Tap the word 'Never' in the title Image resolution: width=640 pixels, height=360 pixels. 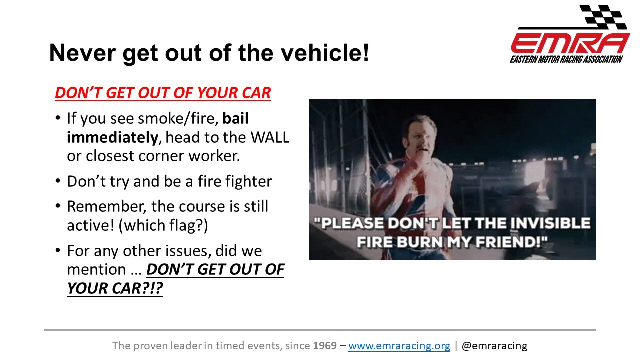pos(82,53)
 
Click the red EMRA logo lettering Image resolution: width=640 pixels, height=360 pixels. pos(570,43)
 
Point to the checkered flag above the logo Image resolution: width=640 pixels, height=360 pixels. pos(603,17)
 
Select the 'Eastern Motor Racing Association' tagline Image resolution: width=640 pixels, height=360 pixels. pos(566,59)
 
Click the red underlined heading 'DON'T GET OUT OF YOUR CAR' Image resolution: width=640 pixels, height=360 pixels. pos(163,93)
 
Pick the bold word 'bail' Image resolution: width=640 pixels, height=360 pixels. pos(235,118)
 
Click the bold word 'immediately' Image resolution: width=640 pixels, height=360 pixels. pos(112,137)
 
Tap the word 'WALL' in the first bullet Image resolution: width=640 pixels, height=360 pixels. pos(270,137)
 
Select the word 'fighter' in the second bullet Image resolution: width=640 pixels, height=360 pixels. pos(249,181)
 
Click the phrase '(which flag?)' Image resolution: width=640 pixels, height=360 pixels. pos(163,225)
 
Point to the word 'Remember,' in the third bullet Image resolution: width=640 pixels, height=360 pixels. pos(107,206)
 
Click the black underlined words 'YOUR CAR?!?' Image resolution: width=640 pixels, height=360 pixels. pos(115,288)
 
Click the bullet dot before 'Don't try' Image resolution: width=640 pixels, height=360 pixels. pos(58,181)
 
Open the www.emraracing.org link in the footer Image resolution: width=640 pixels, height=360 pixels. pos(399,345)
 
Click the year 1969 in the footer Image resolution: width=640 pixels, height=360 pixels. pos(325,345)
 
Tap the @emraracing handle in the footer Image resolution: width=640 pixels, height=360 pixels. pos(494,346)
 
